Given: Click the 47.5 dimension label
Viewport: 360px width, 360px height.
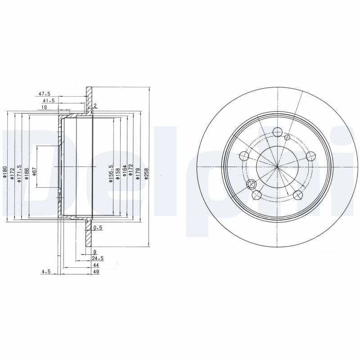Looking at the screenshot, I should (44, 94).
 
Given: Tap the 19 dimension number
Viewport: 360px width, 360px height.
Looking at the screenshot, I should (45, 108).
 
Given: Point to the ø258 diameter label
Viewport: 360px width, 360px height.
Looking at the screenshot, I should (146, 174).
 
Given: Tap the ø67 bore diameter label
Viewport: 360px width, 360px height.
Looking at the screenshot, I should (34, 172).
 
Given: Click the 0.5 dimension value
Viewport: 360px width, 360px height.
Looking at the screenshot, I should (98, 228).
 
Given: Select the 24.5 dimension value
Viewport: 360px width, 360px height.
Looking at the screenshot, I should (98, 258).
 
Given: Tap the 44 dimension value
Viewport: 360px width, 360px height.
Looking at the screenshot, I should (96, 265).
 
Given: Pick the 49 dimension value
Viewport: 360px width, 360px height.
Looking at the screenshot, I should (96, 272).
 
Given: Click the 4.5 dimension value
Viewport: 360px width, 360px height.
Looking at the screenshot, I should (45, 272).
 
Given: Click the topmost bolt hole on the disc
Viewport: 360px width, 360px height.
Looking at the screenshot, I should (278, 132).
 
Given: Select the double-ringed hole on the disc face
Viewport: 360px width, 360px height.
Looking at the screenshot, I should (251, 184).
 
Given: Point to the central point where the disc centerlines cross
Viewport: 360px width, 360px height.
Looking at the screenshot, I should (278, 167).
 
